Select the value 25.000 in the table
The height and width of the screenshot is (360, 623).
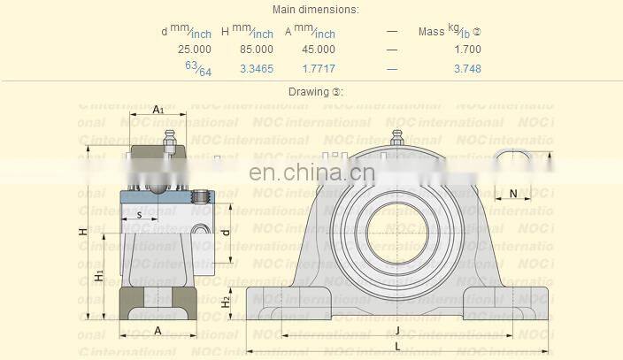pyautogui.click(x=195, y=50)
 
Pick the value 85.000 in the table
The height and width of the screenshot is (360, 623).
pyautogui.click(x=257, y=50)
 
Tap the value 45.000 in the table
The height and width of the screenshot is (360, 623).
pyautogui.click(x=319, y=50)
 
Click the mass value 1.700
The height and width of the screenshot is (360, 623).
pyautogui.click(x=467, y=50)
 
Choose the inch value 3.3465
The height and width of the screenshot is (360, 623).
pyautogui.click(x=257, y=68)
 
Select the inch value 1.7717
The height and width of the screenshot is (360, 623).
pyautogui.click(x=319, y=68)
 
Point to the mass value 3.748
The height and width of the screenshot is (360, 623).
pyautogui.click(x=467, y=68)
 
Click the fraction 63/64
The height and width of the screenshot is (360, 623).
pyautogui.click(x=197, y=68)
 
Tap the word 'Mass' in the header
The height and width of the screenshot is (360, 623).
pyautogui.click(x=432, y=32)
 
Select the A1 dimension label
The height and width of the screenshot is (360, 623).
pyautogui.click(x=158, y=110)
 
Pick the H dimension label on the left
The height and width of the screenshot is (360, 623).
pyautogui.click(x=82, y=232)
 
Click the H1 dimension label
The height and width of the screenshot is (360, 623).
pyautogui.click(x=99, y=276)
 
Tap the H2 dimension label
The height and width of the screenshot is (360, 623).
pyautogui.click(x=227, y=302)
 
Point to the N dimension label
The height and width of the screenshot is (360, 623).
pyautogui.click(x=513, y=194)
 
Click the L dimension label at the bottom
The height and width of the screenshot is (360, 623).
pyautogui.click(x=397, y=345)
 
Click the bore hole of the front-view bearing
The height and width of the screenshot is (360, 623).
pyautogui.click(x=398, y=232)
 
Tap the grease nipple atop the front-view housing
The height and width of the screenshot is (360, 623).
pyautogui.click(x=397, y=138)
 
